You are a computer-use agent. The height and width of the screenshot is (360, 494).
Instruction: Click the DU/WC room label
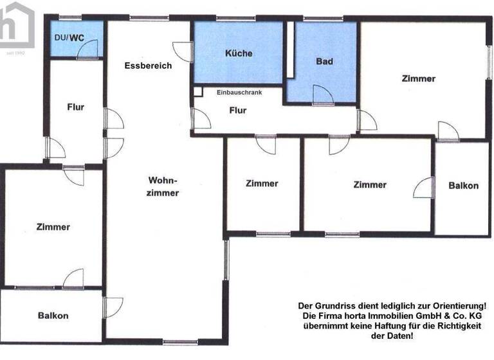coord(68,38)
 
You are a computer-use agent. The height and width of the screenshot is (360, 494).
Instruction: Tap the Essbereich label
coord(148,66)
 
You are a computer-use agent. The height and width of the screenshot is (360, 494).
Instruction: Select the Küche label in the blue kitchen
coord(239,53)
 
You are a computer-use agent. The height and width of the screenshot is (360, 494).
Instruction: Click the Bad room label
coord(324,62)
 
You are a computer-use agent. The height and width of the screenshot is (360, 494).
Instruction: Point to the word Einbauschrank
coord(239,93)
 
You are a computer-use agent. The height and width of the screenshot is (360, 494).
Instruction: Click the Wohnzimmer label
coord(163,186)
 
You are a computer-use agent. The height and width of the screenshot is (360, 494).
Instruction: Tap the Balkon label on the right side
coord(463,185)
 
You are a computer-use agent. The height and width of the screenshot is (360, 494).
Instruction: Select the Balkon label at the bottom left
coord(53,316)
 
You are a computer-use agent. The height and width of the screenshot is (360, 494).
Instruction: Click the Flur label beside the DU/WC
coord(76,107)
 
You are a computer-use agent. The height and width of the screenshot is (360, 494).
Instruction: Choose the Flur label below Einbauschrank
coord(238,110)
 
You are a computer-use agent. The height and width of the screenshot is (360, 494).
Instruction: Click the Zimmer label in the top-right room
coord(418,79)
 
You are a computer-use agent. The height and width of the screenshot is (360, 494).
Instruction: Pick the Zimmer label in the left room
coord(53,227)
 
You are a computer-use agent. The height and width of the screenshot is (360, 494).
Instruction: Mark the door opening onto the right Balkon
coord(423,188)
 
